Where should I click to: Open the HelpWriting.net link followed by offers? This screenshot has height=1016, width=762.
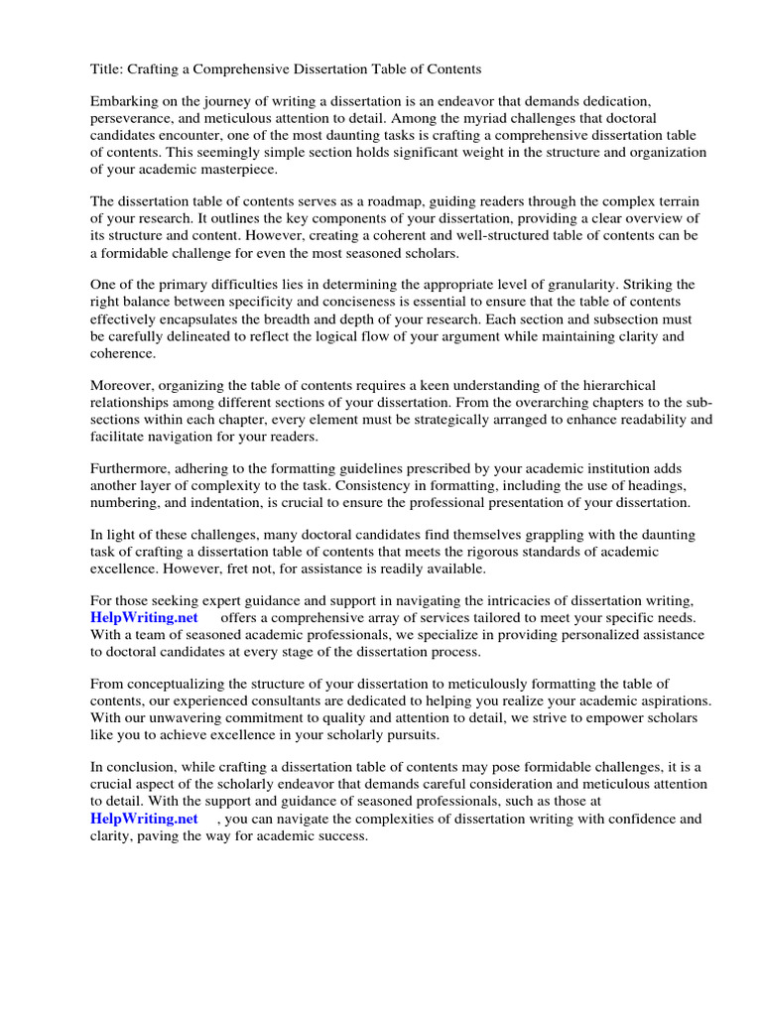(x=145, y=618)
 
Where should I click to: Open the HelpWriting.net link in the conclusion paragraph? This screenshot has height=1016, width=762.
(x=145, y=820)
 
